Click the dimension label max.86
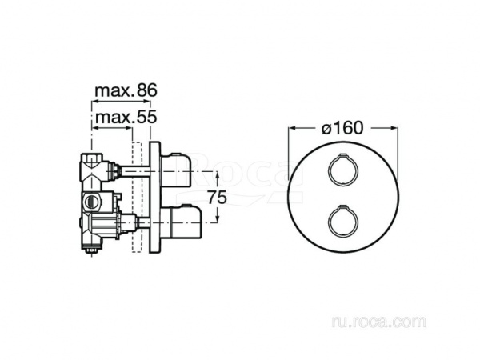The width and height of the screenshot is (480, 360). point(126,90)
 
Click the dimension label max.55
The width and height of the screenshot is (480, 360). point(126,117)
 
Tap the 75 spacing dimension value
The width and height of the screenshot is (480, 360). point(217,197)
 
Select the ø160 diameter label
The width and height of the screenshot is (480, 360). point(342,128)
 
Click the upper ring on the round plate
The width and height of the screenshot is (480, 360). point(328,170)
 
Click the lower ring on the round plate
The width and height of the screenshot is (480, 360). point(328,222)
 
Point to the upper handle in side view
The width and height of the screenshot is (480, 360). point(175,170)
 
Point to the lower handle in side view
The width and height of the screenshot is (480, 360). point(181,222)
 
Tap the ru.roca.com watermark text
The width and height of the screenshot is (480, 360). point(378,322)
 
